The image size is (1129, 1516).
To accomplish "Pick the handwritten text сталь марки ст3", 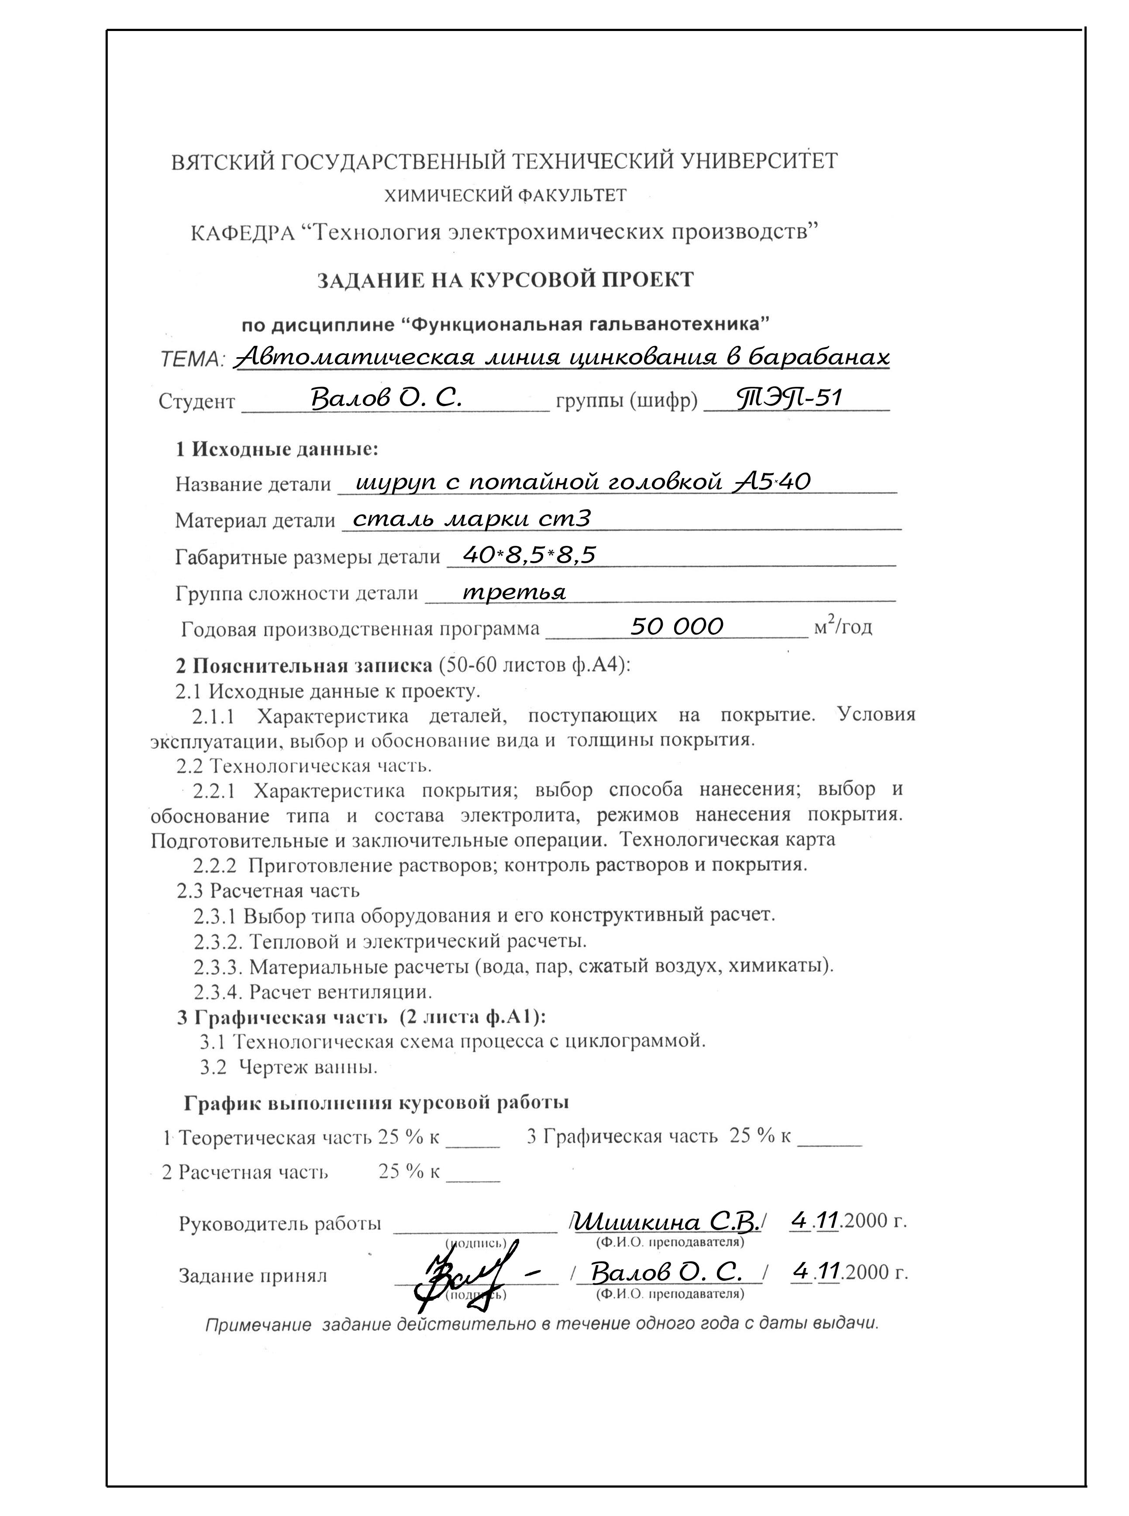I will tap(472, 518).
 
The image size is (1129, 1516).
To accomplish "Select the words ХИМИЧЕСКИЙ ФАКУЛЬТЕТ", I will tap(505, 196).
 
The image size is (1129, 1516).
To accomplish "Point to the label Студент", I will tap(197, 401).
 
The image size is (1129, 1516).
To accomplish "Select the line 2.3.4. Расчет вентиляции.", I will tap(312, 991).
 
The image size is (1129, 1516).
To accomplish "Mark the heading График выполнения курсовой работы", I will tap(376, 1103).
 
